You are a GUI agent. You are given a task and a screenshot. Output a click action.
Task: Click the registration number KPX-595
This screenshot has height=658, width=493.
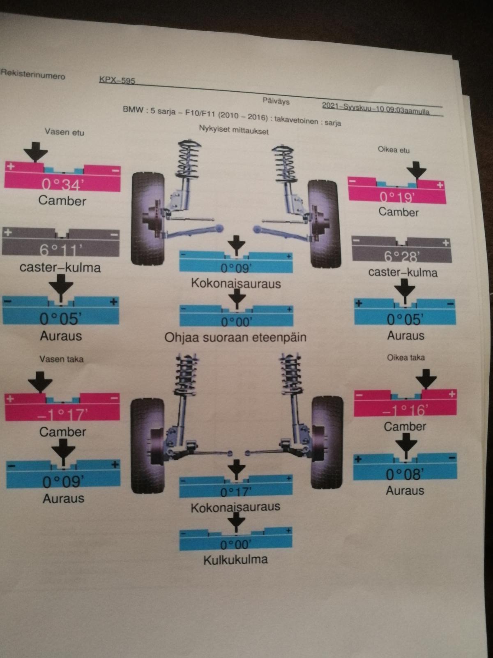point(117,80)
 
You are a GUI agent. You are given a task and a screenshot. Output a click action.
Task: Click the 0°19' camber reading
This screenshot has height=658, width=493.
point(397,197)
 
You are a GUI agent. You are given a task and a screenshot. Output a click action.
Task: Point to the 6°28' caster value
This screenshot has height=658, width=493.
point(401,256)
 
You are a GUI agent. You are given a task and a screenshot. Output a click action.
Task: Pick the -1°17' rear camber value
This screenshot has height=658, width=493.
point(62,414)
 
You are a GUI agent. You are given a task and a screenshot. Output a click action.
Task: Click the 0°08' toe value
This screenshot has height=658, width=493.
point(405,474)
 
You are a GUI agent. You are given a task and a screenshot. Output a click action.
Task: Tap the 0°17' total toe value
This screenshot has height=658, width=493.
point(235,492)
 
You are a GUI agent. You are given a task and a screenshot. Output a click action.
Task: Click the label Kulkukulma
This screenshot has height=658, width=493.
point(235,559)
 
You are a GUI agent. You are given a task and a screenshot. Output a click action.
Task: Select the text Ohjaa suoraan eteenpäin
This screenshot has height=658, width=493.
point(235,338)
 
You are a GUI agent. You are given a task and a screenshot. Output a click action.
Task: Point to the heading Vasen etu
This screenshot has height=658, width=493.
point(65,132)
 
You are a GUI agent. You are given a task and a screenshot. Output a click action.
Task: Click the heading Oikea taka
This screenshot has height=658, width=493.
point(405,357)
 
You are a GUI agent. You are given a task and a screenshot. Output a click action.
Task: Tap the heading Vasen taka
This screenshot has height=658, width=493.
point(61,359)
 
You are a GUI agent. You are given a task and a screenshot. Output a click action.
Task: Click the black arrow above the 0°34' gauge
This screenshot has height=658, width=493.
point(36,151)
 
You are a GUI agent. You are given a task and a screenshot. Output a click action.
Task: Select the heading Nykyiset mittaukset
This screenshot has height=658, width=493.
point(234,130)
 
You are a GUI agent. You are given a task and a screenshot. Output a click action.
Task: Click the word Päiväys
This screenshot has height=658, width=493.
point(276,101)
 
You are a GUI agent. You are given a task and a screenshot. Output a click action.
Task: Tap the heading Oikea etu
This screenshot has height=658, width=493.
point(394,150)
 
